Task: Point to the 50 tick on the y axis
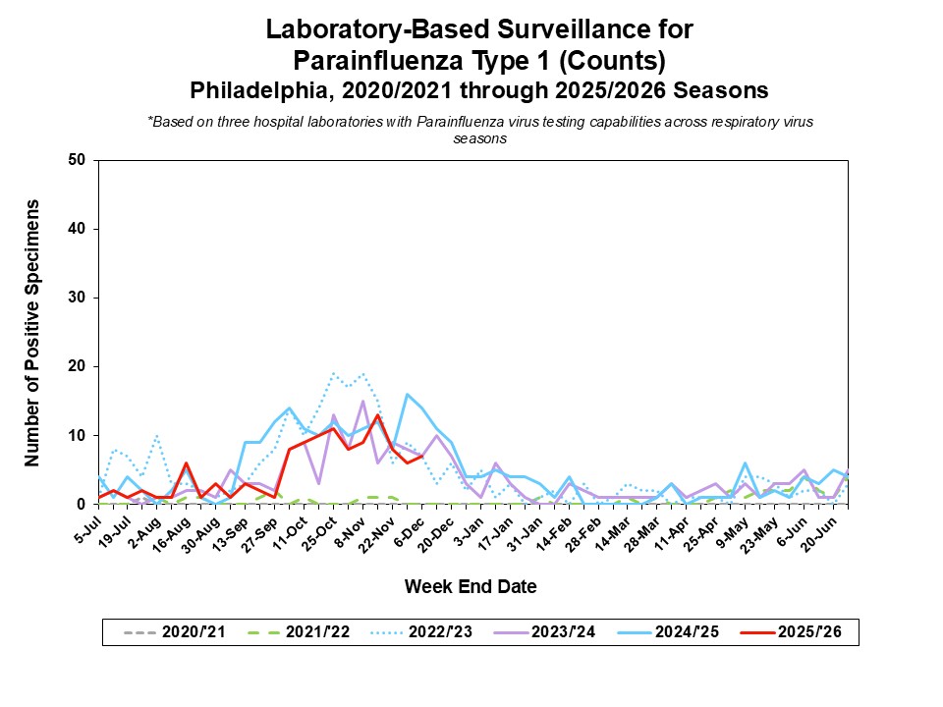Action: coord(77,160)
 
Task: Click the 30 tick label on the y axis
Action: coord(77,298)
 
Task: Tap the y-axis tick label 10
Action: coord(77,435)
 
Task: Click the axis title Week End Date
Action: coord(471,587)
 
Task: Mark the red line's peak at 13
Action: coord(377,414)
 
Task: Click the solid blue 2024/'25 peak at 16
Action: coord(407,394)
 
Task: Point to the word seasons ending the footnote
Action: coord(480,138)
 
